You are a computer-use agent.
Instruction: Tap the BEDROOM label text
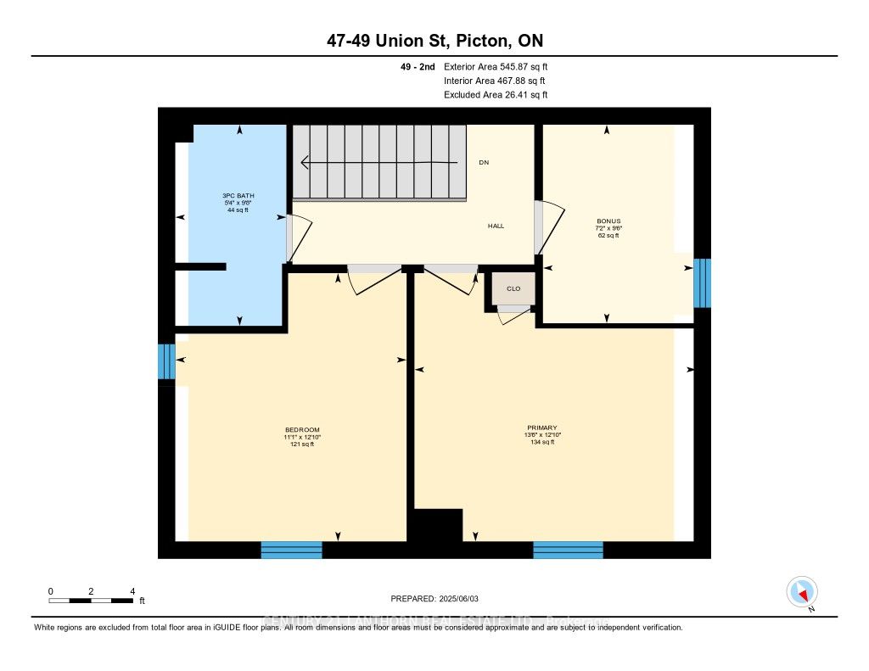(302, 429)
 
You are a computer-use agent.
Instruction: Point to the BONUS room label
(608, 221)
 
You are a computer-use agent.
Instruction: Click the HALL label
(496, 226)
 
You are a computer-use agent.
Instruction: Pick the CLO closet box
(513, 288)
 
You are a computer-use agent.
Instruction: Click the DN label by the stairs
(483, 162)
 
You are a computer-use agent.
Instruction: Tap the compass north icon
(801, 591)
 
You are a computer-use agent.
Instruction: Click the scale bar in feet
(91, 600)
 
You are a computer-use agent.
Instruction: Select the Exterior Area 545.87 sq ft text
(496, 66)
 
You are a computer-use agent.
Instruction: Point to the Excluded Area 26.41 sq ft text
(496, 95)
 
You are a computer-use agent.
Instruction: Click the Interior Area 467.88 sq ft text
(496, 81)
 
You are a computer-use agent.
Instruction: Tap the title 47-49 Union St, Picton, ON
(434, 41)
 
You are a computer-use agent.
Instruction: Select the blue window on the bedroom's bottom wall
(291, 550)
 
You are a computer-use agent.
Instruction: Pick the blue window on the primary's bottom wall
(568, 550)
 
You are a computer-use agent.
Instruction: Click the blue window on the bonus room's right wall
(702, 283)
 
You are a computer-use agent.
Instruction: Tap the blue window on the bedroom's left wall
(166, 361)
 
